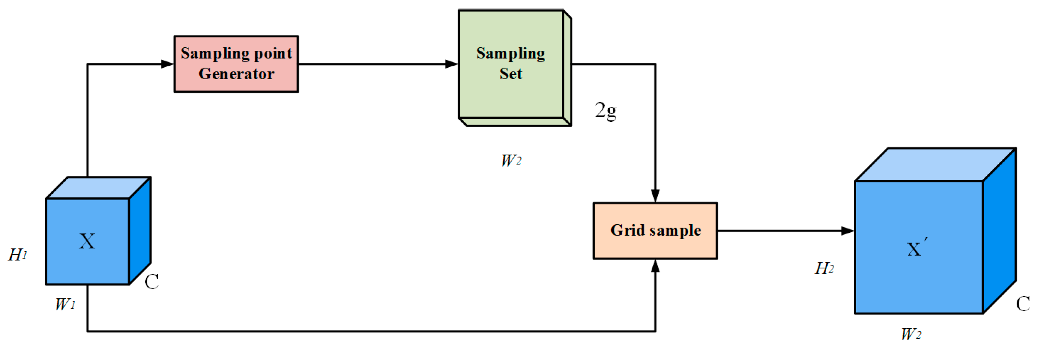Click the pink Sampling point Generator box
pos(236,64)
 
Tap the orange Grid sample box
pos(655,231)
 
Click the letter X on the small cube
pos(87,241)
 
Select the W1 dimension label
pos(65,304)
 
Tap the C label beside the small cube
pos(152,281)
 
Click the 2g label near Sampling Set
pos(605,110)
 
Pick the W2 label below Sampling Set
pos(511,160)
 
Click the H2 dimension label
pos(824,268)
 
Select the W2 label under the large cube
pos(911,334)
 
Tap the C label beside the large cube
pos(1023,304)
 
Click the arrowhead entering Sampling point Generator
pos(167,64)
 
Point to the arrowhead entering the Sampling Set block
pos(451,64)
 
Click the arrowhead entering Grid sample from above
pos(655,196)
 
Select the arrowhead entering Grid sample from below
pos(655,266)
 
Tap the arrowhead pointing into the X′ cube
pos(847,231)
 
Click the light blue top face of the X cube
pos(98,188)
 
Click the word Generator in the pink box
pos(236,74)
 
